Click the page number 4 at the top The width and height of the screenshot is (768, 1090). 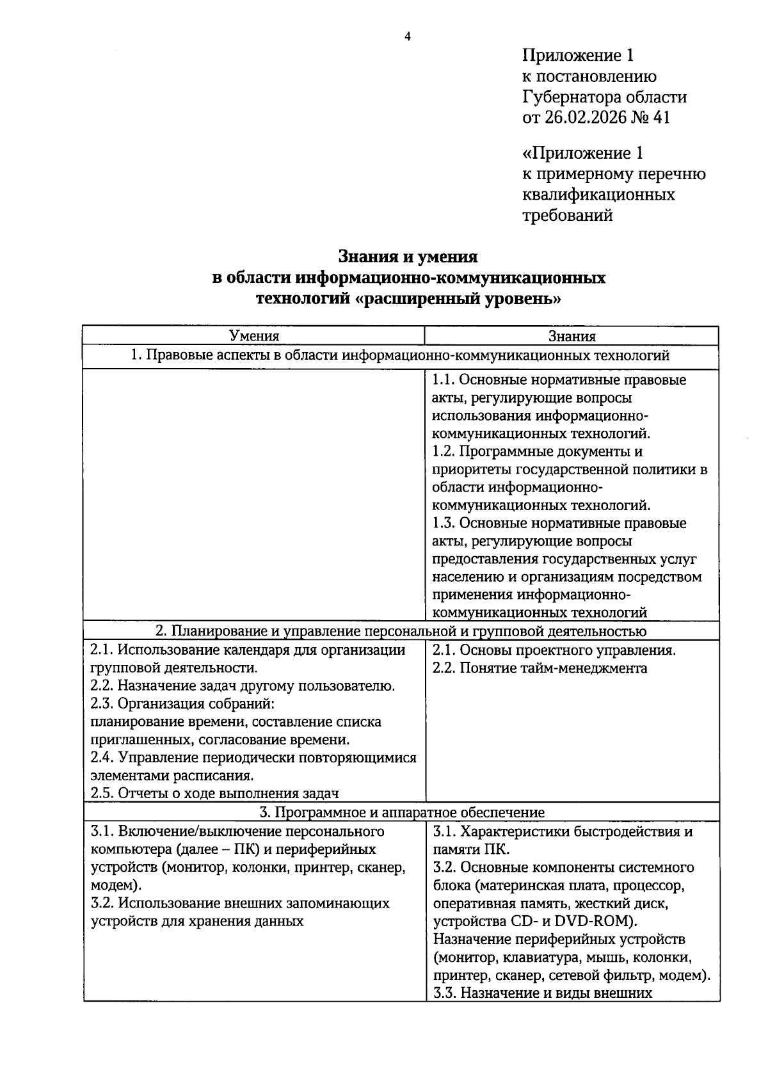(x=407, y=36)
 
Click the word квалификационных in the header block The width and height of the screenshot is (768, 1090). (x=598, y=194)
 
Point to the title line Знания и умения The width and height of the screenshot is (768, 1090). (x=408, y=257)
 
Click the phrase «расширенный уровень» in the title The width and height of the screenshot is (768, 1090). (x=458, y=299)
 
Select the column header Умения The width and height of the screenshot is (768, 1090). (x=254, y=336)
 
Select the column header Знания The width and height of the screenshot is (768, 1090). (x=572, y=336)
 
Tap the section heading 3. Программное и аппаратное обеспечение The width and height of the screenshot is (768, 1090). (x=402, y=812)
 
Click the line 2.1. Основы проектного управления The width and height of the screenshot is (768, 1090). (x=554, y=650)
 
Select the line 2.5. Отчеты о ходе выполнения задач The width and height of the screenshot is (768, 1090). (x=214, y=794)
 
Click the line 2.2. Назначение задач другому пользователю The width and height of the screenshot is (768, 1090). (x=243, y=686)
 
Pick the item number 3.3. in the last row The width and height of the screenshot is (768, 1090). (x=443, y=993)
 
